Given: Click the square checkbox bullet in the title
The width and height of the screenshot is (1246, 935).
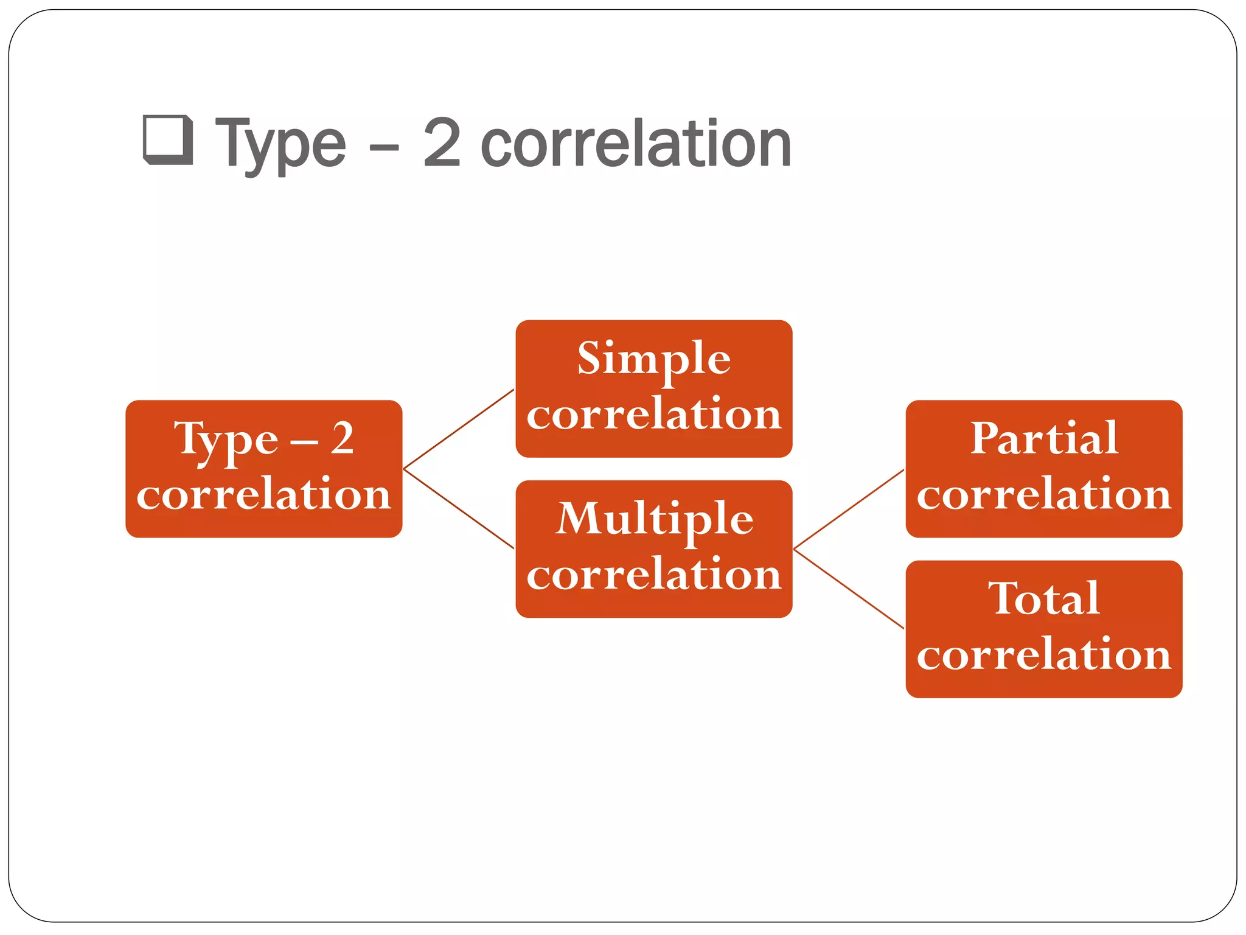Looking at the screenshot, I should coord(168,139).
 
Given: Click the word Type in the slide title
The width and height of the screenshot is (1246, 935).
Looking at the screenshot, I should coord(280,145).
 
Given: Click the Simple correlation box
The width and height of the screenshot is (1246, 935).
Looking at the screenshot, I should coord(653,388).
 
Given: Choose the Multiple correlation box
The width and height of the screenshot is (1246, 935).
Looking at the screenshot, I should coord(653,548).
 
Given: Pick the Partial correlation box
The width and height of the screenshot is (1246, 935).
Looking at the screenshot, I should coord(1043,468).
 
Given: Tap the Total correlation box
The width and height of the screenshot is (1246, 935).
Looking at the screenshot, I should coord(1043,629).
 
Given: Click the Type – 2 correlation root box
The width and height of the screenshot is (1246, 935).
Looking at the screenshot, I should coord(263,468).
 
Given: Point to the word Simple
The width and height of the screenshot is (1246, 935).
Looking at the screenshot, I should coord(653,359).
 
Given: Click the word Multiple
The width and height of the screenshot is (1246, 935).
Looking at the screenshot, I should coord(655,520).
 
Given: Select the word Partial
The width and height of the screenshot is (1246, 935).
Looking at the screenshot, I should coord(1044,438).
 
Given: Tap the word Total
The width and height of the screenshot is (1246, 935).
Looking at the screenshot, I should coord(1044,598).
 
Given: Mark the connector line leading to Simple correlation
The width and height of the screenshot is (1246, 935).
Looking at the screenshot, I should coord(459,429).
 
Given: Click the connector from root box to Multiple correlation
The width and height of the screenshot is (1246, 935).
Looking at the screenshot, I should coord(459,508).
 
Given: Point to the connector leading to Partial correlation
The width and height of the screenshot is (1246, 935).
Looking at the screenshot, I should coord(849,509).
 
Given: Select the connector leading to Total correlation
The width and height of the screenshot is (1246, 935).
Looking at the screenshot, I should coord(849,589).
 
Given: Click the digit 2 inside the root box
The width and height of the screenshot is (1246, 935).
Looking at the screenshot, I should coord(342,438).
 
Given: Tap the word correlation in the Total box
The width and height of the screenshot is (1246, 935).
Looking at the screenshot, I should coord(1044,654).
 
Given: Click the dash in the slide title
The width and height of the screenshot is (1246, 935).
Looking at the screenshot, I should coord(384,148).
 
